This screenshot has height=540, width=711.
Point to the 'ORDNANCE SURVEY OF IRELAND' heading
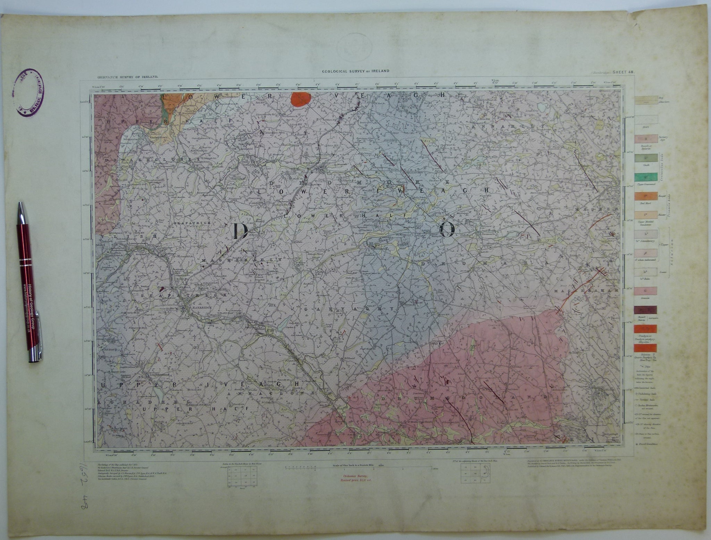[x=124, y=76]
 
